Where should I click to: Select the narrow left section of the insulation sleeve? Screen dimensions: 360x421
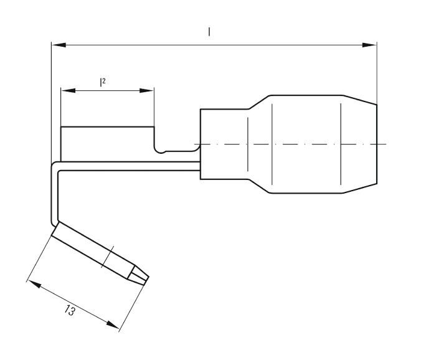[x=224, y=144]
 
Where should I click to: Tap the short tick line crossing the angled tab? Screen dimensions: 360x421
[x=109, y=256]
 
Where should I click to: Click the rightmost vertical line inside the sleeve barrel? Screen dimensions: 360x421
[x=341, y=144]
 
